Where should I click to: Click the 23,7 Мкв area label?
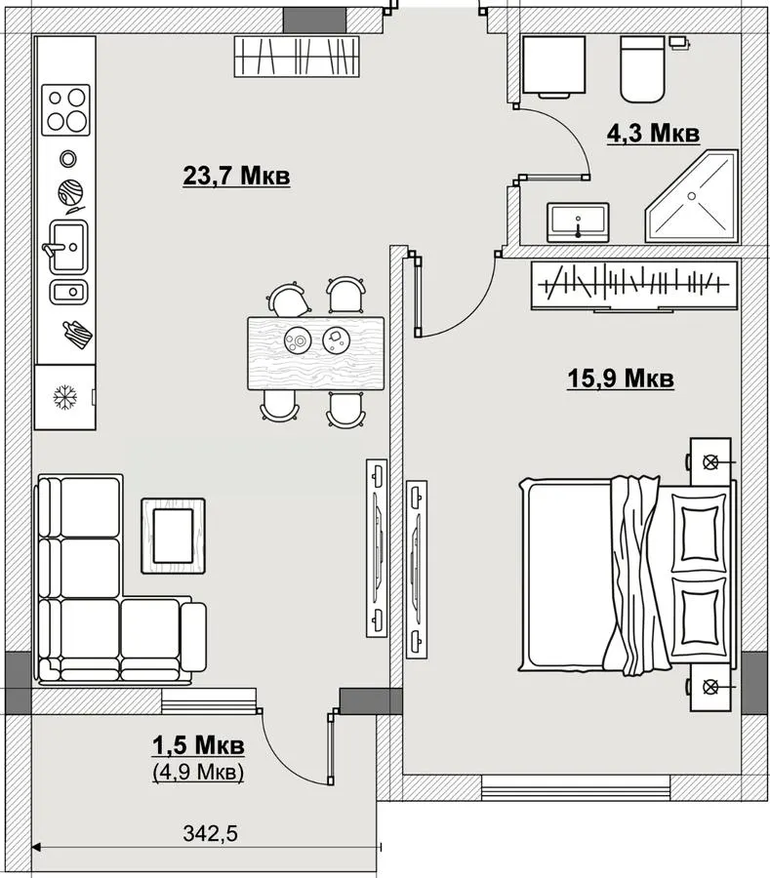point(236,176)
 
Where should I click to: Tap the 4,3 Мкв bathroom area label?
point(654,134)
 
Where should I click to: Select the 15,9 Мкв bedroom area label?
point(621,378)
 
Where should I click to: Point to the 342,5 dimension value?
point(210,833)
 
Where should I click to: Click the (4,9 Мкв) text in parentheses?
point(198,772)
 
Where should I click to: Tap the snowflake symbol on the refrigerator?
point(65,397)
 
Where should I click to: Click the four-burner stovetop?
point(66,109)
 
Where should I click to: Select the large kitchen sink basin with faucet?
point(67,247)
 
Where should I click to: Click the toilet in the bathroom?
point(642,69)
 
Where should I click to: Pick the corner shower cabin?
point(692,196)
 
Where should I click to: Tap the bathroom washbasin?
point(578,222)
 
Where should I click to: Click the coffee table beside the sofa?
point(173,536)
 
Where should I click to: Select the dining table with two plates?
point(316,353)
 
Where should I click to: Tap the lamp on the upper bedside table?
point(710,462)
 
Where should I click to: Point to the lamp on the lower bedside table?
point(710,687)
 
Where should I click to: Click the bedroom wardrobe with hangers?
point(635,285)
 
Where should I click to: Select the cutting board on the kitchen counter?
point(77,335)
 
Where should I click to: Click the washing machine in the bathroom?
point(554,66)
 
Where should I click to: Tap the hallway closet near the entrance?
point(297,57)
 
